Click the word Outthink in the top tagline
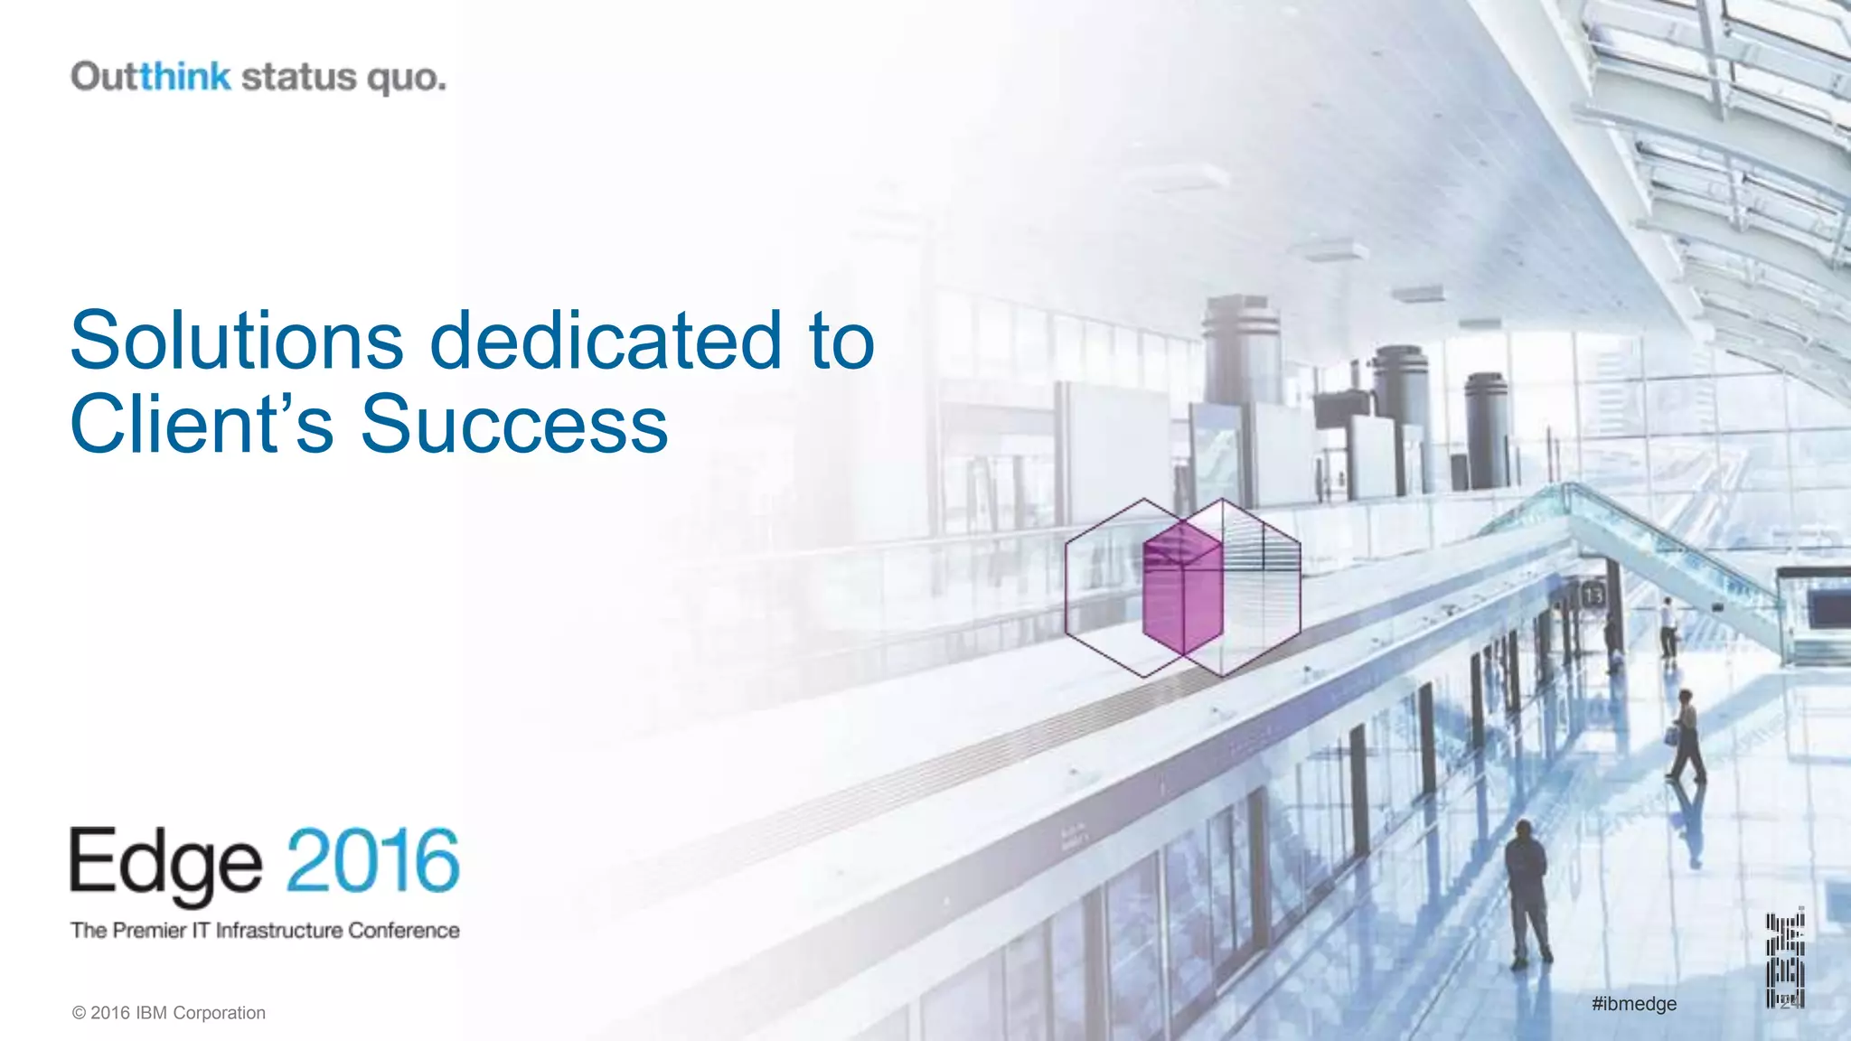151,77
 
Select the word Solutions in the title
237,341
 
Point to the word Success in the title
514,424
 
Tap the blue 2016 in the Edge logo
373,860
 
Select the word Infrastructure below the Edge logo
279,931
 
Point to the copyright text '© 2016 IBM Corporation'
169,1013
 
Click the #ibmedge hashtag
1634,1004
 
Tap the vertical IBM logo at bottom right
1785,960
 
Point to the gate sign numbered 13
1593,596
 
